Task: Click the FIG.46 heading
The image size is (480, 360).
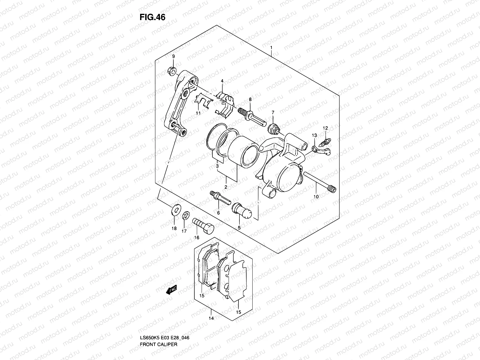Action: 152,17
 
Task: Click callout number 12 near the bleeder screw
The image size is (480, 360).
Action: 325,128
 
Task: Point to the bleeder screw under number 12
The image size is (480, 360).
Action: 325,139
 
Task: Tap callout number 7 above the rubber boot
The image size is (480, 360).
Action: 273,112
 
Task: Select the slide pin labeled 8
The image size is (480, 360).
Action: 251,118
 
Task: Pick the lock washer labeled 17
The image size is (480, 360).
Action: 186,215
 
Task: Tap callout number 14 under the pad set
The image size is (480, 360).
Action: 211,327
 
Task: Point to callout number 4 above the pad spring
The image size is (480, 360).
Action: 222,81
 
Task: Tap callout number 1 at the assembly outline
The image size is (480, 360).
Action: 271,47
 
